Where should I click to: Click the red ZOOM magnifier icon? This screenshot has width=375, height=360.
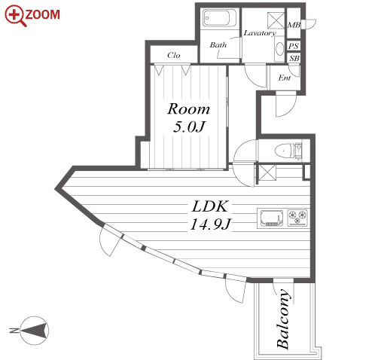tap(16, 16)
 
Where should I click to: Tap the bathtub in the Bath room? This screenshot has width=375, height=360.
tap(220, 18)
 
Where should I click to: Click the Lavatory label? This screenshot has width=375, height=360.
tap(260, 33)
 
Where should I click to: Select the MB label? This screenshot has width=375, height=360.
tap(294, 25)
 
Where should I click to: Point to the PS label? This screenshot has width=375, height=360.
tap(294, 46)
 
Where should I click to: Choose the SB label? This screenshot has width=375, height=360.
tap(294, 58)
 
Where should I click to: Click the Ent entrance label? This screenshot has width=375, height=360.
tap(285, 78)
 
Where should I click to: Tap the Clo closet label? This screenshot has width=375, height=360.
tap(174, 55)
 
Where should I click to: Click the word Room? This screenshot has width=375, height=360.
tap(188, 108)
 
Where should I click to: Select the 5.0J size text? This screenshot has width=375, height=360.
tap(189, 127)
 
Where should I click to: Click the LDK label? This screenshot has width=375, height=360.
tap(210, 206)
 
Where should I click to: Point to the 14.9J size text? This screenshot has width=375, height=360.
tap(210, 224)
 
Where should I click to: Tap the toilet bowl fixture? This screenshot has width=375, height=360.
tap(285, 151)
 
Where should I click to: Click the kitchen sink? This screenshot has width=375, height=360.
tap(272, 218)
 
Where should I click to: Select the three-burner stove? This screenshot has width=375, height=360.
tap(297, 218)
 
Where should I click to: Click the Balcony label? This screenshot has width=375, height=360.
tap(284, 319)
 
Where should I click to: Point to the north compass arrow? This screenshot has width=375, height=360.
tap(35, 331)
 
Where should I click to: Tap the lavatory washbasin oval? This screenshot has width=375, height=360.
tap(279, 49)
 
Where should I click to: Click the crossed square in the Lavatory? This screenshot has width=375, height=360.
tap(276, 20)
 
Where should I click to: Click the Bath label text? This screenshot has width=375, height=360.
tap(218, 45)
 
